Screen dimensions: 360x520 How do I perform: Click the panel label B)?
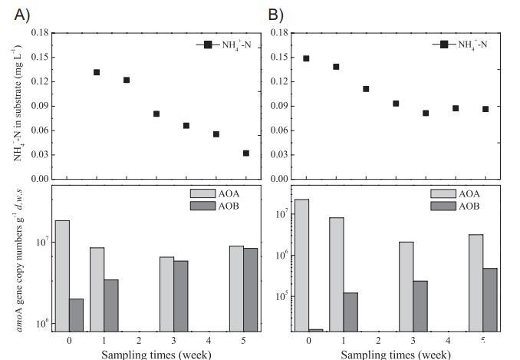(x=275, y=13)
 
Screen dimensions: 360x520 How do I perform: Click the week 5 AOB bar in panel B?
(x=489, y=299)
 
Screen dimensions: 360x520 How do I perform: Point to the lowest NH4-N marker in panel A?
(x=246, y=153)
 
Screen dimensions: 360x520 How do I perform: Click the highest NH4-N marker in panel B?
(x=306, y=58)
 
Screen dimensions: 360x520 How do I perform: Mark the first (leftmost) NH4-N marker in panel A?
(x=97, y=72)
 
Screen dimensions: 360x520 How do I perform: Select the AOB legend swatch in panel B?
(x=443, y=206)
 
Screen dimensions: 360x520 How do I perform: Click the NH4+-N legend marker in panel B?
(x=444, y=45)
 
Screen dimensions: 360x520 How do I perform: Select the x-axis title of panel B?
(x=395, y=354)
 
